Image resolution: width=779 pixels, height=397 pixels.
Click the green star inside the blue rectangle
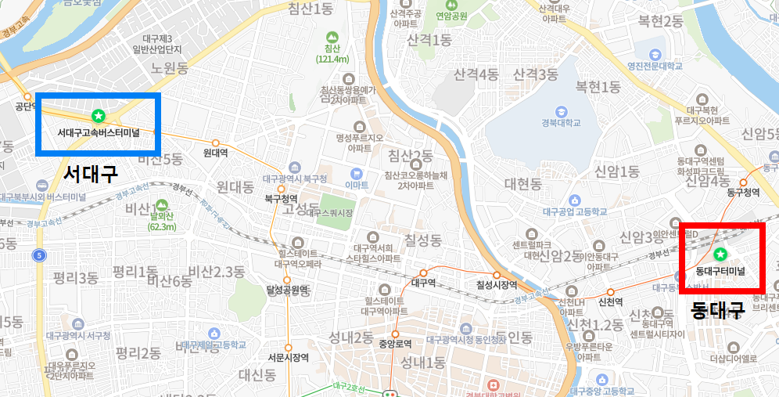[99, 117]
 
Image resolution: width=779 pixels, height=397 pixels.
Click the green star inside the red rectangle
[720, 254]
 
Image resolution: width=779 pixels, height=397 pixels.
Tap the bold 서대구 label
[91, 173]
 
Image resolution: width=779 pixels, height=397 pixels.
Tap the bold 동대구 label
[718, 311]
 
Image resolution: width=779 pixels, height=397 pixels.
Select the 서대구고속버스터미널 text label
[99, 133]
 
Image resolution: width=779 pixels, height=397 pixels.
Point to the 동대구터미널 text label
[720, 271]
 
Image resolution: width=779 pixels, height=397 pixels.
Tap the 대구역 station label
[423, 283]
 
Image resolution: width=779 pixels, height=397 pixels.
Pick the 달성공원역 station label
[288, 291]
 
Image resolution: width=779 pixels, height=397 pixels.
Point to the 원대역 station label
[215, 153]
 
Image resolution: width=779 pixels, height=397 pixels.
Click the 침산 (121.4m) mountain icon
[332, 37]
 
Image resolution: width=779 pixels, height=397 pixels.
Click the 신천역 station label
[610, 301]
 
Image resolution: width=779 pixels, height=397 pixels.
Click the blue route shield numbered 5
[38, 255]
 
